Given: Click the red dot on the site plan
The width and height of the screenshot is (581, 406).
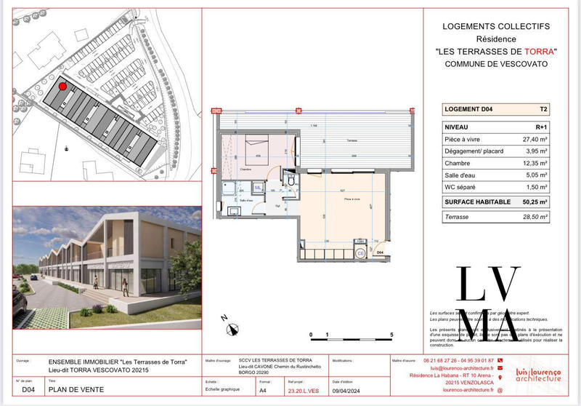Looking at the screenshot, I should (x=62, y=87).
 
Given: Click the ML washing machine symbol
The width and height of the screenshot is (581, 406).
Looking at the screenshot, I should (x=237, y=188).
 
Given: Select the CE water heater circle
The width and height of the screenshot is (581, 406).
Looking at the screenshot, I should (x=360, y=253).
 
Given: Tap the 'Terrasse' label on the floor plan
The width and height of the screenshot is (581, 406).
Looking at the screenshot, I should (x=331, y=140).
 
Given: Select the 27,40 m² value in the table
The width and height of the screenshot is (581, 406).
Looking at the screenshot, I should (x=534, y=139).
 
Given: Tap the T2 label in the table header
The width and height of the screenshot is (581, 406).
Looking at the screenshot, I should (x=543, y=110).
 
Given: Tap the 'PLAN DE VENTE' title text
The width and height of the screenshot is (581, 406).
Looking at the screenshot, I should (x=76, y=390).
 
